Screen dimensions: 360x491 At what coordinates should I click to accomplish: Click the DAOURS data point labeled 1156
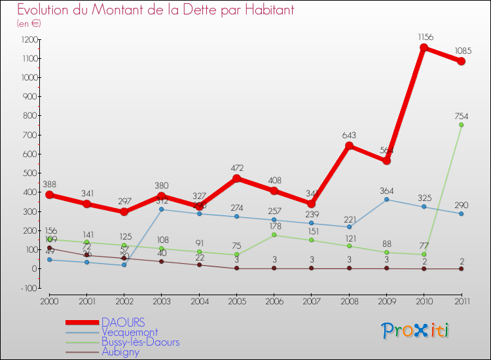[424, 48]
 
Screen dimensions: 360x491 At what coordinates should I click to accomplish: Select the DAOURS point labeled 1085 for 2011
[461, 62]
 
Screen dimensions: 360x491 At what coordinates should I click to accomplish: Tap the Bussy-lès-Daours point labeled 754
[461, 125]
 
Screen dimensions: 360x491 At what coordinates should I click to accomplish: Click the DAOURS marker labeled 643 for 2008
[349, 146]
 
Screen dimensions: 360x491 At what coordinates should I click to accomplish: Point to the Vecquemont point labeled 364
[386, 199]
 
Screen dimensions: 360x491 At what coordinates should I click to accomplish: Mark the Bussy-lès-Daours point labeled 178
[274, 234]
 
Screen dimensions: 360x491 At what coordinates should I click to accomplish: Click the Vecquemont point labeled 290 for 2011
[461, 213]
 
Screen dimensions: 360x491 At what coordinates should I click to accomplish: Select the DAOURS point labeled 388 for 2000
[49, 194]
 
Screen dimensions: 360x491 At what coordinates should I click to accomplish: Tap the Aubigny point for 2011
[461, 268]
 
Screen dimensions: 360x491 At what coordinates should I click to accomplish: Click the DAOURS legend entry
[123, 322]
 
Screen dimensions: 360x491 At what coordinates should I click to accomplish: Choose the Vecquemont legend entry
[129, 332]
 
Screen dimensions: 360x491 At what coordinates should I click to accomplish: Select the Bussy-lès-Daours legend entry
[140, 342]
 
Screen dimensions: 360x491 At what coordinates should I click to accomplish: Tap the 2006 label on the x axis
[274, 300]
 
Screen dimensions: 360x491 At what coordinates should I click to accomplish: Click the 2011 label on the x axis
[461, 300]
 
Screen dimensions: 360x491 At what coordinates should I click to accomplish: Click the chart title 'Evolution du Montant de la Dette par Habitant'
[155, 10]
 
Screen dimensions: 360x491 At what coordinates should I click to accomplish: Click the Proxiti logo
[416, 331]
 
